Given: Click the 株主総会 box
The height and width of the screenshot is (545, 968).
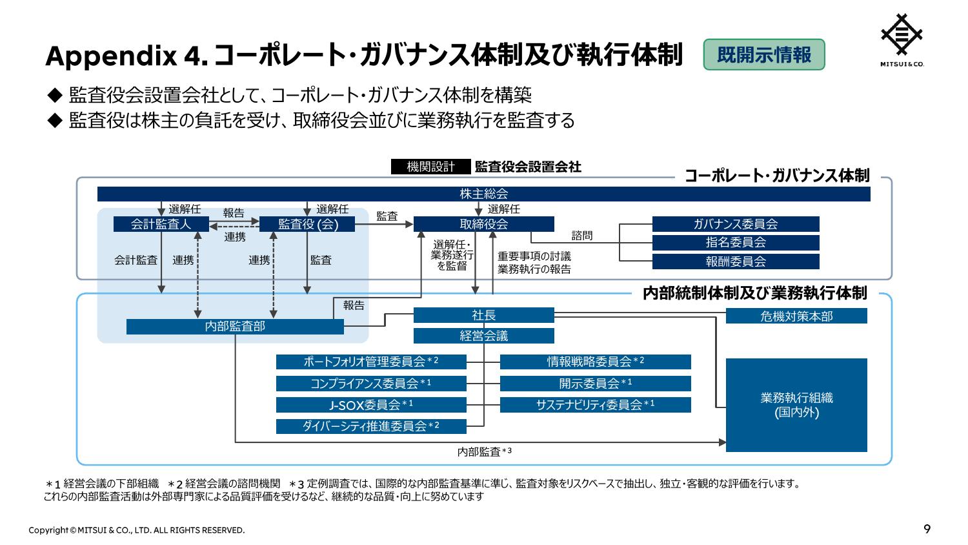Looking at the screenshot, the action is click(483, 194).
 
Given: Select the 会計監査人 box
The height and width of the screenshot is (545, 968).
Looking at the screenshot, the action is click(161, 224).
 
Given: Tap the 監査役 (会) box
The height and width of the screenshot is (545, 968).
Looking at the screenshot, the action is click(307, 224).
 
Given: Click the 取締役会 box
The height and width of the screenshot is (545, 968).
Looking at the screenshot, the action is click(483, 224).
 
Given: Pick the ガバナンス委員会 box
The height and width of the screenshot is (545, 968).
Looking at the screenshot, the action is click(736, 224).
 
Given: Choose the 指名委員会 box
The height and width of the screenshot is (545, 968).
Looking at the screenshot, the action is click(736, 243).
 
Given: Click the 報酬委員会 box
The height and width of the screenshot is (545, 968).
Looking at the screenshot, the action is click(736, 262).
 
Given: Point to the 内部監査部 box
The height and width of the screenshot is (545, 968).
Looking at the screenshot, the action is click(235, 327).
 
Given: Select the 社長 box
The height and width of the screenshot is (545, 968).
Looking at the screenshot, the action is click(483, 315).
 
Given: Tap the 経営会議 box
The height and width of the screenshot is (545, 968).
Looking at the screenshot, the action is click(483, 336).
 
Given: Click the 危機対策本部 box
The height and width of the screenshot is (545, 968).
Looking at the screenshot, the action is click(796, 316).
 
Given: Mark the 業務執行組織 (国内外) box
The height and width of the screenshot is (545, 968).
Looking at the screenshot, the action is click(796, 405).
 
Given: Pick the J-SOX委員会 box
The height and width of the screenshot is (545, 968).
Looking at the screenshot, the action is click(371, 405).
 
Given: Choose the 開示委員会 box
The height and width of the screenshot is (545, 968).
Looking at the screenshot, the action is click(596, 383).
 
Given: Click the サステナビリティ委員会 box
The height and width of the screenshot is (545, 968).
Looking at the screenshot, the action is click(596, 405).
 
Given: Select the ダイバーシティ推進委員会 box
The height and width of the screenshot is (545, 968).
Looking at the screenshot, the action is click(371, 426).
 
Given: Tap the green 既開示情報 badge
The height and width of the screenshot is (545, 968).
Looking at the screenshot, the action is click(764, 54).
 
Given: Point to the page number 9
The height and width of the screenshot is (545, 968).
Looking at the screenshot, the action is click(927, 529).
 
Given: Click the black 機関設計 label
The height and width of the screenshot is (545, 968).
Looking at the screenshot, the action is click(431, 167).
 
